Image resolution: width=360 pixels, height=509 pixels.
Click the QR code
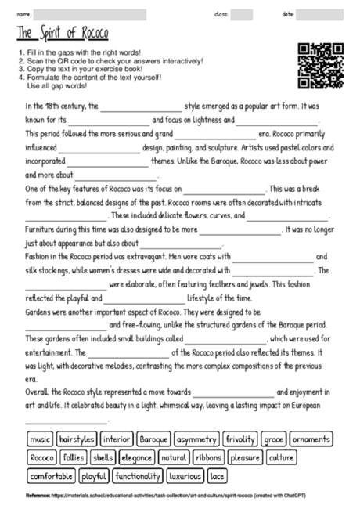click(x=321, y=65)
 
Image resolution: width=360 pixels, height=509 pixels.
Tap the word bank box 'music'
click(x=40, y=439)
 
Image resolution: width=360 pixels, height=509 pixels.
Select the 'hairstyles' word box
click(x=76, y=439)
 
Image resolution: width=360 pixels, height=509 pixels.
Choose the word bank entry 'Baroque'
click(x=155, y=439)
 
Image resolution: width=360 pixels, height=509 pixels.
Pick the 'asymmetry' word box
click(x=196, y=439)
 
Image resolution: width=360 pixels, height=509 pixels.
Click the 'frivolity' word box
click(x=239, y=439)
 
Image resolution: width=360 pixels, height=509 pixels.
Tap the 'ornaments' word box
click(x=311, y=439)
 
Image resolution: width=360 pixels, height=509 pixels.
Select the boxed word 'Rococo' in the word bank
click(x=41, y=457)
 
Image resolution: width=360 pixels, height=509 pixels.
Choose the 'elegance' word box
click(x=137, y=457)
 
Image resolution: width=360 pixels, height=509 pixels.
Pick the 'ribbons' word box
click(x=209, y=457)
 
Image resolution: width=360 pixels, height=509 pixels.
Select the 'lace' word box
click(x=218, y=475)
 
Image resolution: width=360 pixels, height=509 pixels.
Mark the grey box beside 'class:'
click(x=242, y=15)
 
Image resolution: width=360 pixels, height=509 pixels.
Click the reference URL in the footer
click(x=176, y=496)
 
